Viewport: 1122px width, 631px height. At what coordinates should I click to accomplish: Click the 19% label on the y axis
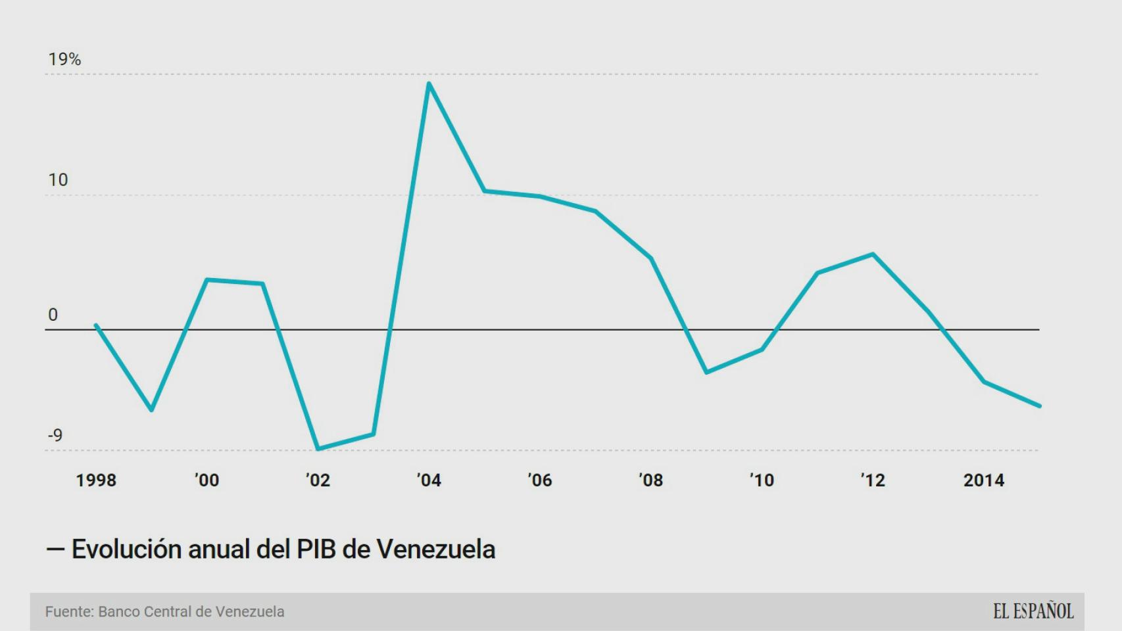64,60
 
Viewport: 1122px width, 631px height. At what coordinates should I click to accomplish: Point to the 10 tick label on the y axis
58,180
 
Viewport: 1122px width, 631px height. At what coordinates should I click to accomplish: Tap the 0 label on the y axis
53,315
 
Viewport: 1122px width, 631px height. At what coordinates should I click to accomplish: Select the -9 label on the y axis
55,435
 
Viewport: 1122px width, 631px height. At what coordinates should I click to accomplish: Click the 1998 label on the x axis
96,480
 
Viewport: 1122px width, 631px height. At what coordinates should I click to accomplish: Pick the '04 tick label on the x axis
429,480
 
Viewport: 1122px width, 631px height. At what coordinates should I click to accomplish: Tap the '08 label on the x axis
650,480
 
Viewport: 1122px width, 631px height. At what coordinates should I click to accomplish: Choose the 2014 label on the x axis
984,480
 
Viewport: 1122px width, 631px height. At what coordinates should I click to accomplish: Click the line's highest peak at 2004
429,83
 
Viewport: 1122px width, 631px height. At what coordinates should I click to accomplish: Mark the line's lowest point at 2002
318,450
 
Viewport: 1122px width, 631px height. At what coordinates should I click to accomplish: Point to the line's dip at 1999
152,410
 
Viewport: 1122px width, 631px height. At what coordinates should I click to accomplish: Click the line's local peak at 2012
873,254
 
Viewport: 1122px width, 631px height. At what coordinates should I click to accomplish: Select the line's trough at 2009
706,373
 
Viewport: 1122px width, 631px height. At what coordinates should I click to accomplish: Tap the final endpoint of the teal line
1040,406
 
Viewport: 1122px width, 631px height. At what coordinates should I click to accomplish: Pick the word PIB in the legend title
316,549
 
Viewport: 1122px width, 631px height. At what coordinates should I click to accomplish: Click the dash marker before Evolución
55,549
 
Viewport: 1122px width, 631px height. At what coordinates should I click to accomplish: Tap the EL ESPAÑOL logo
1033,611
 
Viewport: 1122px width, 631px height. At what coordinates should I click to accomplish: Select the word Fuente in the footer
68,612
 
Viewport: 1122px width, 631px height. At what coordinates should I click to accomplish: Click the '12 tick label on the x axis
873,480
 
